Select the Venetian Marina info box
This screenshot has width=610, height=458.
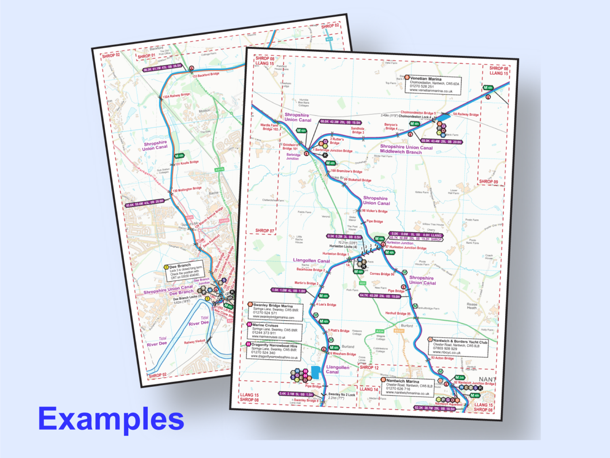tap(433, 85)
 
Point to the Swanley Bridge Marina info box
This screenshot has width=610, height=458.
tap(275, 312)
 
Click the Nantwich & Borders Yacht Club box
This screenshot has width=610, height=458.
tap(461, 347)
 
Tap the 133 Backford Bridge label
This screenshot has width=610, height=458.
tap(206, 75)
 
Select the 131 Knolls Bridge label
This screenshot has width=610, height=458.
tap(187, 163)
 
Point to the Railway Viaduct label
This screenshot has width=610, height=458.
tap(195, 342)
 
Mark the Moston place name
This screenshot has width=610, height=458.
tap(205, 111)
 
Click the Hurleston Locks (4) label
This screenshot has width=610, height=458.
tap(343, 246)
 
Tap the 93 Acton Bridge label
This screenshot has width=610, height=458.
tap(442, 358)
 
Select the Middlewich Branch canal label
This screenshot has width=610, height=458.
tap(401, 151)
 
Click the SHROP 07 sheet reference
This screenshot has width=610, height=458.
tap(264, 231)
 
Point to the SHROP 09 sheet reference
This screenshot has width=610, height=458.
tap(488, 182)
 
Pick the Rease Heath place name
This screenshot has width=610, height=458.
tap(472, 306)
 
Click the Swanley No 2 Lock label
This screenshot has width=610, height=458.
tap(342, 395)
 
